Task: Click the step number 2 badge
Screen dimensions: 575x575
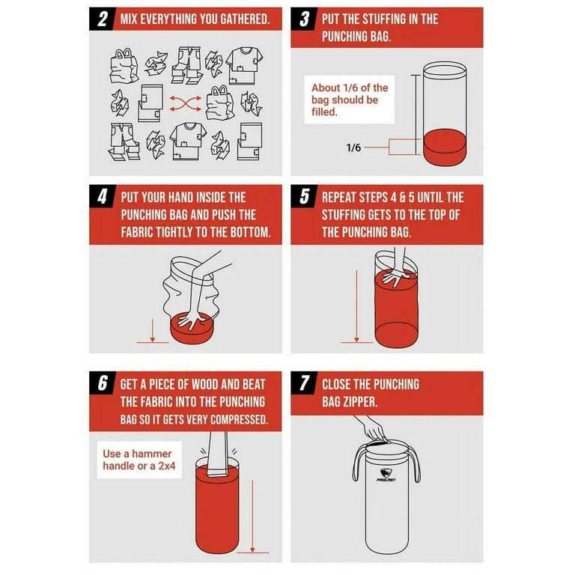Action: click(103, 19)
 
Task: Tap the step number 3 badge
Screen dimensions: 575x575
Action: click(305, 19)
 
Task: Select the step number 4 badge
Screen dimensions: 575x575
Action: click(103, 197)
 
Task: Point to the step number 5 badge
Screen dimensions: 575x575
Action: click(305, 197)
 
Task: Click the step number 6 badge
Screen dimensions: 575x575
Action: click(103, 383)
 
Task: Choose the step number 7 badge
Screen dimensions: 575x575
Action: click(305, 383)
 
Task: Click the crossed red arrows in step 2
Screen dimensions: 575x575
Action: click(185, 104)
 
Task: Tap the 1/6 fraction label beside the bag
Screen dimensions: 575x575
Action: click(353, 147)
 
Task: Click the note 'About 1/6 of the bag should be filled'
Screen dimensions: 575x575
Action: click(350, 100)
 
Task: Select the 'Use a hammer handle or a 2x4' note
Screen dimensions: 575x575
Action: click(139, 460)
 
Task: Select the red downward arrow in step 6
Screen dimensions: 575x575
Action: click(252, 516)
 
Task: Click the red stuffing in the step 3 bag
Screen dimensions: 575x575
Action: click(445, 147)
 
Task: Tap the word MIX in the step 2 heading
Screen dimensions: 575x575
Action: click(129, 19)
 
